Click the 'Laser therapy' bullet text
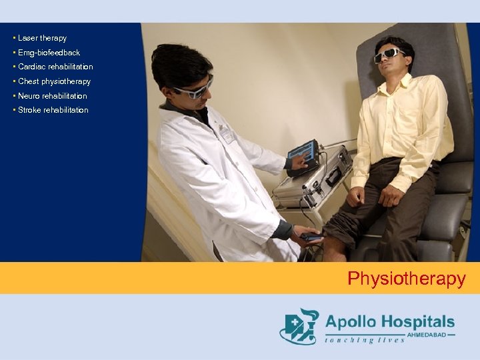tap(42, 38)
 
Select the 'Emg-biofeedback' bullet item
tap(49, 53)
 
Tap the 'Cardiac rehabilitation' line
tap(55, 67)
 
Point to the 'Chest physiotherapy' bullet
tap(54, 81)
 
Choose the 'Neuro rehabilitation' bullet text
tap(52, 96)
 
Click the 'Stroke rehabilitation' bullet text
tap(53, 110)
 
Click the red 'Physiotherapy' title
tap(406, 279)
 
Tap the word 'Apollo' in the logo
tap(351, 322)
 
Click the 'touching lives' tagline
tap(365, 340)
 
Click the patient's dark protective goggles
tap(389, 55)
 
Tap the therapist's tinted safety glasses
tap(193, 90)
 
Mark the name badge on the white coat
tap(227, 133)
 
